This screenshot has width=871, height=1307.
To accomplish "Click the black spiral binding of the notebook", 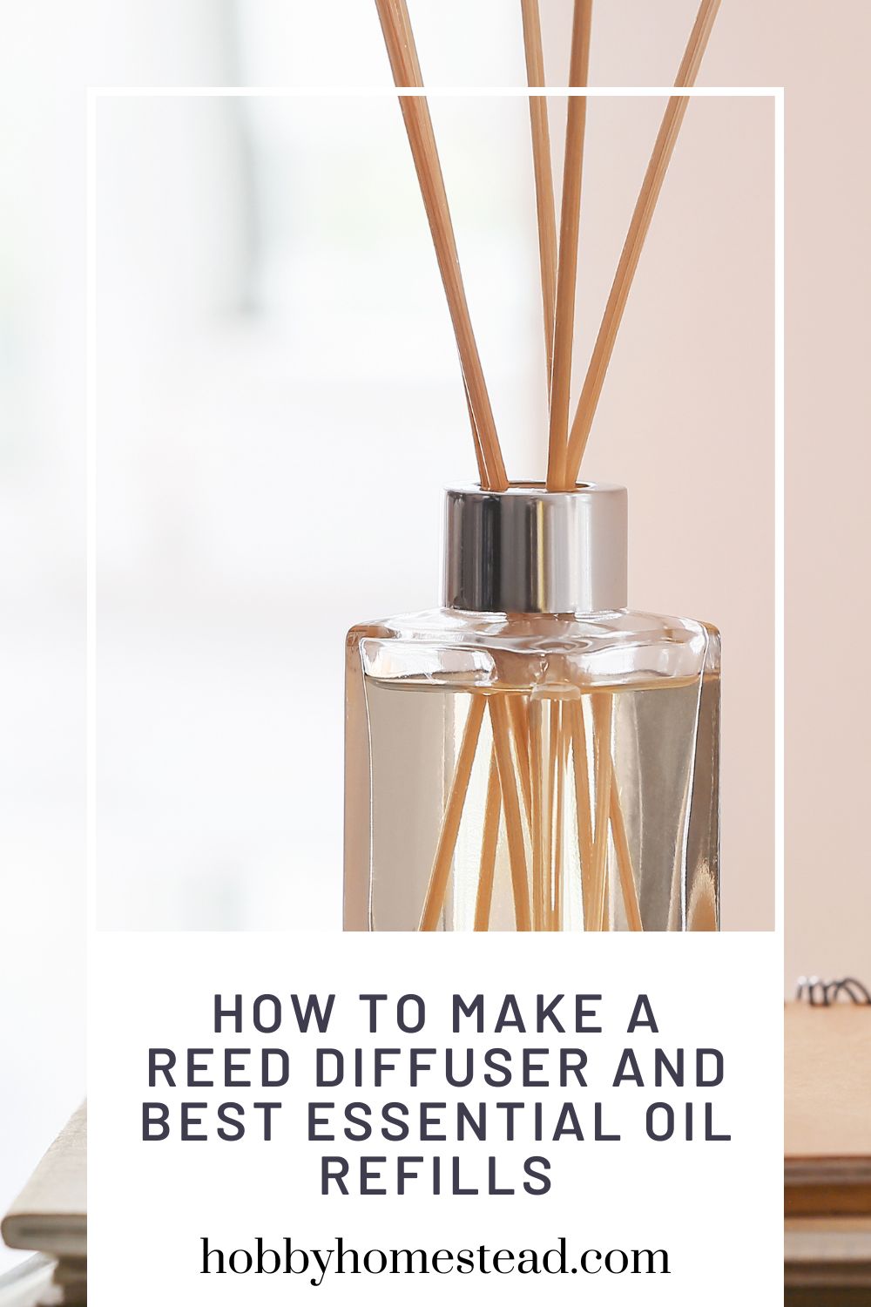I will pyautogui.click(x=833, y=990).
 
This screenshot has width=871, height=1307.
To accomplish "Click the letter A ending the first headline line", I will pyautogui.click(x=643, y=1013).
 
